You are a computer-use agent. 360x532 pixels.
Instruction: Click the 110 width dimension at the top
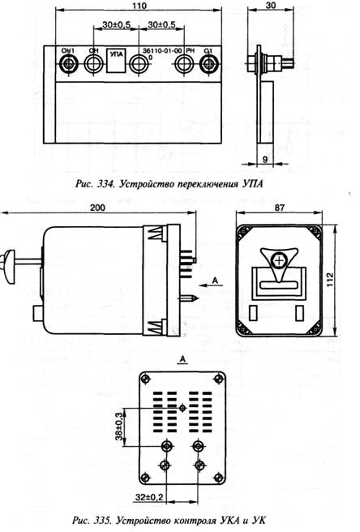point(139,6)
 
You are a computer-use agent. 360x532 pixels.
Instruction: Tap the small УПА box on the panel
point(117,61)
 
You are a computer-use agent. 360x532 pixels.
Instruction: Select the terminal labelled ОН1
point(68,63)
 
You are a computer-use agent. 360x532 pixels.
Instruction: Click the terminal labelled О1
point(208,63)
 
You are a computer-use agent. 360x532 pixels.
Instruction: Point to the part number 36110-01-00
point(162,50)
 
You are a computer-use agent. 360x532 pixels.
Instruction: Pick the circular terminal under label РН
point(184,63)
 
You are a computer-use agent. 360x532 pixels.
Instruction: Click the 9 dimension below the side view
point(265,159)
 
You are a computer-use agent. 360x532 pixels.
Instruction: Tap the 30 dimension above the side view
point(271,6)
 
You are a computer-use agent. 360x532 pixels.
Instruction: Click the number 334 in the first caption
point(103,184)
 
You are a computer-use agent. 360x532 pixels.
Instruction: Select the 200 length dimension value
point(97,208)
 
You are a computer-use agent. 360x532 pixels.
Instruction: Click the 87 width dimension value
point(279,208)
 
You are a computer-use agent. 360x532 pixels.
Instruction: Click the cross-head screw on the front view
point(279,261)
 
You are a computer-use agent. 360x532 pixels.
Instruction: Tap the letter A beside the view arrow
point(215,281)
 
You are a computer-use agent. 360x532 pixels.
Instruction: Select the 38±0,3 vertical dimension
point(118,426)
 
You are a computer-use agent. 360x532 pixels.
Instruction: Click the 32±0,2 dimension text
point(149,497)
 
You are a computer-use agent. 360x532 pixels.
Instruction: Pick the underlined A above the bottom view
point(183,359)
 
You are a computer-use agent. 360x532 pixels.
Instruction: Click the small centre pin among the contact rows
point(183,408)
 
